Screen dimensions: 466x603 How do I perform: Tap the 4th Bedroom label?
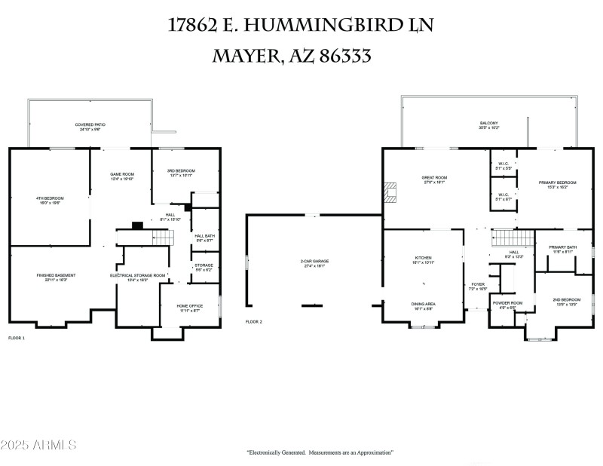tap(47, 201)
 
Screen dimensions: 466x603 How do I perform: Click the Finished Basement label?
tap(56, 277)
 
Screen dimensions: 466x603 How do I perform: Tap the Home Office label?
tap(188, 308)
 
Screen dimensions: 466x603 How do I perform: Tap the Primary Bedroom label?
tap(557, 184)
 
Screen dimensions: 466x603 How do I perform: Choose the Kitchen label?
tap(423, 259)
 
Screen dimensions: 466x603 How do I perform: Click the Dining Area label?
tap(423, 305)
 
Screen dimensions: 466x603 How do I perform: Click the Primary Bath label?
tap(562, 250)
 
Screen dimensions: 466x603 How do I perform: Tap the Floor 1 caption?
tap(17, 339)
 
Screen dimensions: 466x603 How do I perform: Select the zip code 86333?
tap(340, 57)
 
